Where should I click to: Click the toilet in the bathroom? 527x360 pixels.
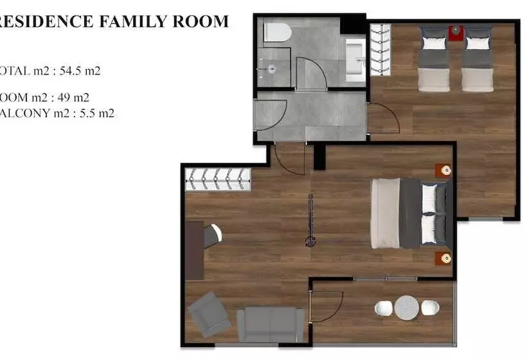278,32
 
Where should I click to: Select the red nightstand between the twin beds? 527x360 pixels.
456,32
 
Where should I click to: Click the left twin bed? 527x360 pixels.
434,59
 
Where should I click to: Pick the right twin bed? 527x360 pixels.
478,59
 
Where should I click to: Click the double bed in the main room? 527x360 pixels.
410,213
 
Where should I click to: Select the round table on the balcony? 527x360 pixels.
407,308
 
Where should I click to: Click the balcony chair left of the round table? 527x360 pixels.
384,309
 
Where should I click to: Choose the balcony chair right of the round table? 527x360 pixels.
430,308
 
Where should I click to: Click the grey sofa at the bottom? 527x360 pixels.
271,324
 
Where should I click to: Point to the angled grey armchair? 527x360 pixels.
209,314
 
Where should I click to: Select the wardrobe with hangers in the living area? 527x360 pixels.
218,179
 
